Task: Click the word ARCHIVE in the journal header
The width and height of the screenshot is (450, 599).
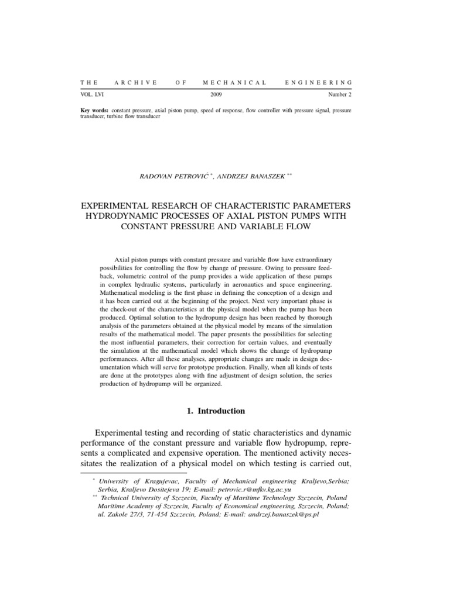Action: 135,82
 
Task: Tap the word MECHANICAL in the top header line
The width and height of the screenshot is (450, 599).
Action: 234,82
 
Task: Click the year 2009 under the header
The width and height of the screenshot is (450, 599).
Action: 216,94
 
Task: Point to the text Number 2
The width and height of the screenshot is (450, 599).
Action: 340,94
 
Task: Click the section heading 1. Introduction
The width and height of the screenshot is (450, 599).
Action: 216,411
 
